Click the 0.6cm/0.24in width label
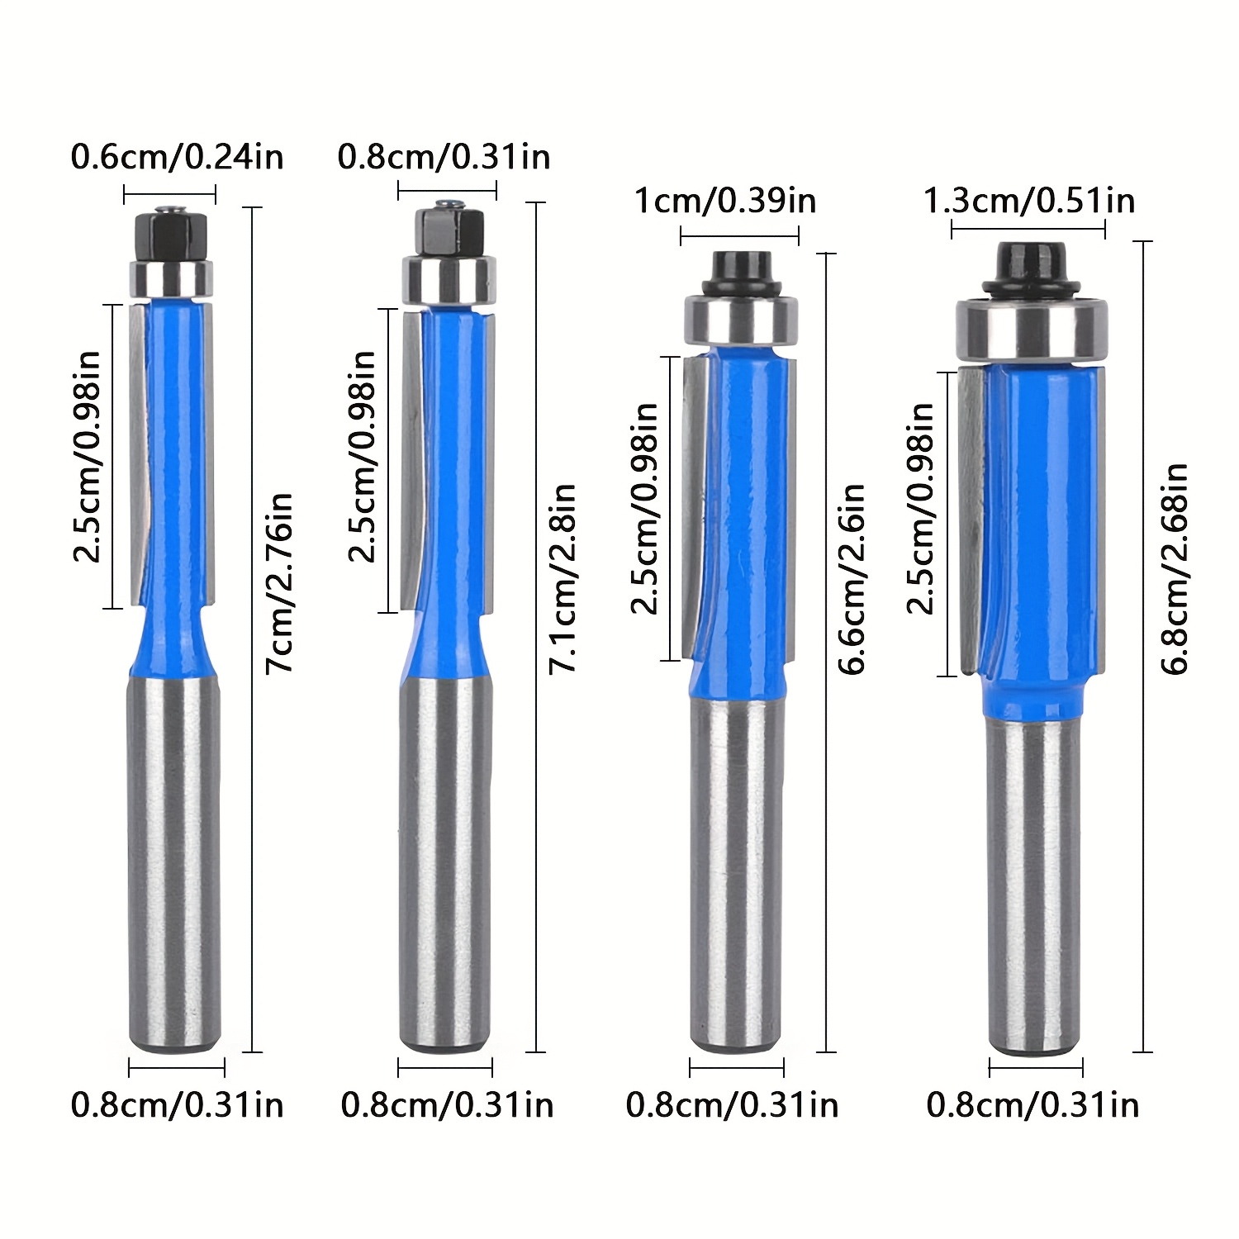click(x=177, y=156)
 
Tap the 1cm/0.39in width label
click(x=725, y=201)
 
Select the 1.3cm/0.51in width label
click(x=1028, y=201)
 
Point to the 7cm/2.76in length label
click(x=279, y=583)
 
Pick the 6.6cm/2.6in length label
click(x=852, y=579)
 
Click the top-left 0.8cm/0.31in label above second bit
click(x=444, y=156)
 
